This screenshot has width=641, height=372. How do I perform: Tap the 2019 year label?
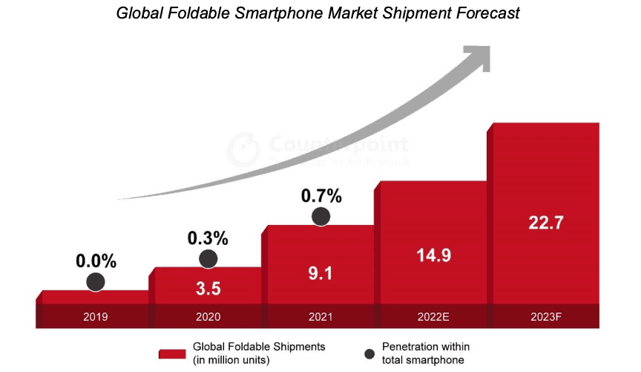[x=96, y=316]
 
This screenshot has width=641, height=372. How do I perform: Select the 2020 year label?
[x=208, y=316]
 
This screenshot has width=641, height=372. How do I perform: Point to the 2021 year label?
[x=320, y=316]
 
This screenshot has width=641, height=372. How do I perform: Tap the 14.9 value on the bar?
[x=434, y=255]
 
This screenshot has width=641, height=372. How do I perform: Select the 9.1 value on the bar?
[x=320, y=273]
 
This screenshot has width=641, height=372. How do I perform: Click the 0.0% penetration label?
[x=96, y=261]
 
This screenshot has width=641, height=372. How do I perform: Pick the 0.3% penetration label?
[x=208, y=238]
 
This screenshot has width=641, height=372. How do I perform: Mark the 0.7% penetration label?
[x=320, y=197]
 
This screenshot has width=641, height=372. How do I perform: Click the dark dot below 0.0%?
[x=96, y=281]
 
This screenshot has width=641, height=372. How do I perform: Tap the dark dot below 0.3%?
[x=208, y=258]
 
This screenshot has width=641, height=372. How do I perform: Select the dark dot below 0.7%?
[x=320, y=216]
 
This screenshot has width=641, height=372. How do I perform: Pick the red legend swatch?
[x=172, y=353]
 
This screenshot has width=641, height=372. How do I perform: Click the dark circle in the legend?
[x=369, y=353]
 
